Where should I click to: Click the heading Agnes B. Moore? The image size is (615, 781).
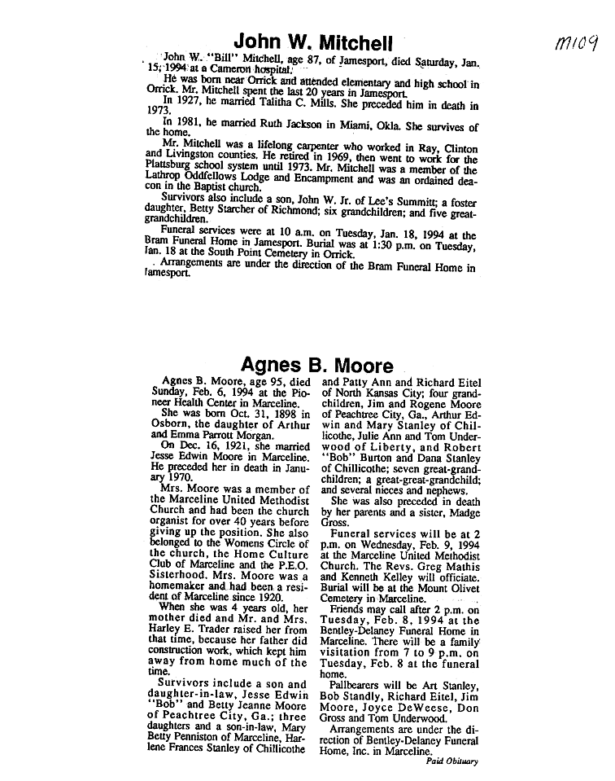pyautogui.click(x=317, y=366)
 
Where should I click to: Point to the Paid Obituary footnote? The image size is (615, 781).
pyautogui.click(x=452, y=761)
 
